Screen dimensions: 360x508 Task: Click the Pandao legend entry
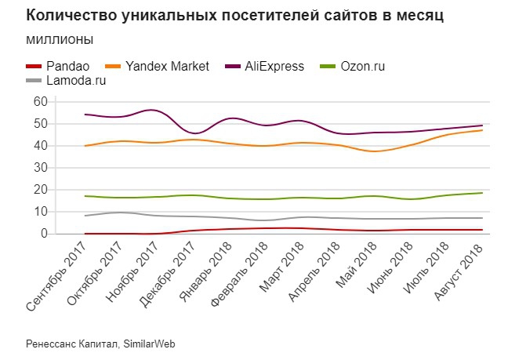point(66,67)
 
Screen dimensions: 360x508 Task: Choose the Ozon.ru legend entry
point(362,67)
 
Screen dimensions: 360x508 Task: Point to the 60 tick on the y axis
point(40,102)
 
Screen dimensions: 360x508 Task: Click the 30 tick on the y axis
point(40,168)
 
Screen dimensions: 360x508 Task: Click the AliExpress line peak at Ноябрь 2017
point(152,110)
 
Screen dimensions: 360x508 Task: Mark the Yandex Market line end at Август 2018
point(481,130)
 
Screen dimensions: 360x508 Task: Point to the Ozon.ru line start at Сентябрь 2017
point(85,196)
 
